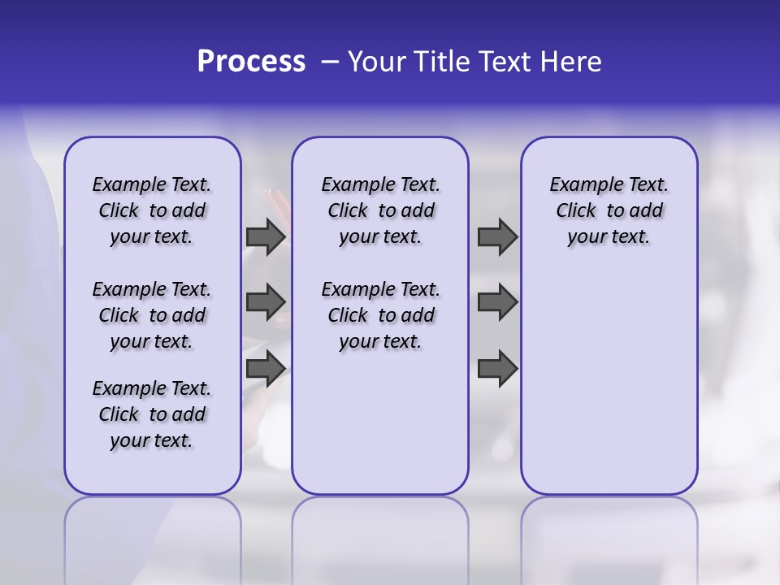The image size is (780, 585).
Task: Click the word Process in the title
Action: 251,62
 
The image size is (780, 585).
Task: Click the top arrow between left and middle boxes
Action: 266,237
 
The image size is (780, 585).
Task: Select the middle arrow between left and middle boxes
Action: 266,302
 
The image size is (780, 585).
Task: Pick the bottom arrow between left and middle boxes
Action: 266,368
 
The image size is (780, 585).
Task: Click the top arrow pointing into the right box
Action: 497,237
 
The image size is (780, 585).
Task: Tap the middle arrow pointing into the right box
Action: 497,302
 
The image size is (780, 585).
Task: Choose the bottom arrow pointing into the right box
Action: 497,368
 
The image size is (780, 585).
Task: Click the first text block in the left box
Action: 152,210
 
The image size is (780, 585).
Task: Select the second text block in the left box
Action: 152,315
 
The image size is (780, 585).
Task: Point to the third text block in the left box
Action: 152,414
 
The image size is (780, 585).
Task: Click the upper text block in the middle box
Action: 380,210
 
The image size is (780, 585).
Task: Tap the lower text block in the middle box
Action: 380,315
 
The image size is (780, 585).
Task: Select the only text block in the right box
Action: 609,210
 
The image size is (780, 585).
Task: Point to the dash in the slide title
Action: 330,62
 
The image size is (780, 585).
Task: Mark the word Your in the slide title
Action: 378,62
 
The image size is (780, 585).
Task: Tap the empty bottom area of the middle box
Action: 380,431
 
